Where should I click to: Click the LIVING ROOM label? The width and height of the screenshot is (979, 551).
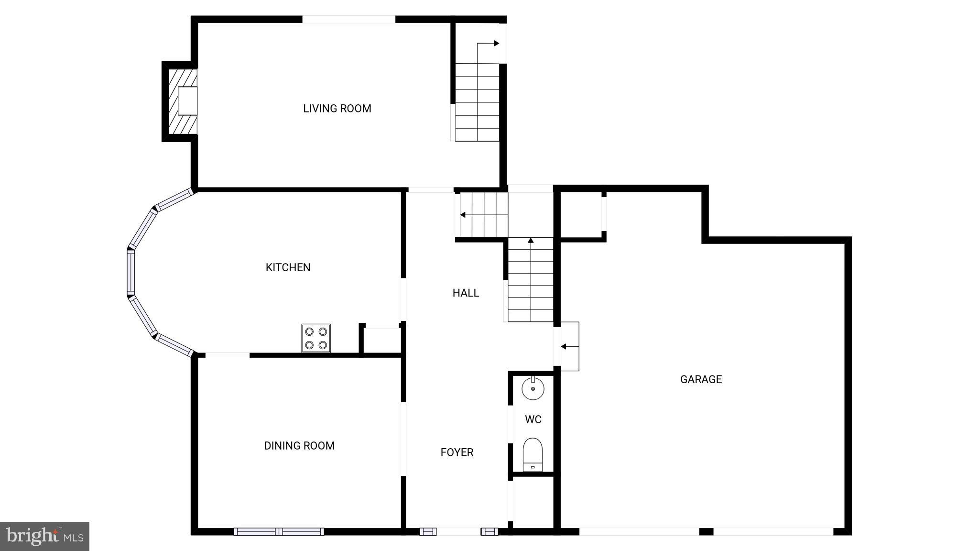pos(337,109)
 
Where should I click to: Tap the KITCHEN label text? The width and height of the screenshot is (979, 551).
pos(288,267)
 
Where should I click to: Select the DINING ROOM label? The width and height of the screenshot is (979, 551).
pos(299,446)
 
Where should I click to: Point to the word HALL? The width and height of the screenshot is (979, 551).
pos(466,293)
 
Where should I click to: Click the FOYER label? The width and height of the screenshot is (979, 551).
pos(457,452)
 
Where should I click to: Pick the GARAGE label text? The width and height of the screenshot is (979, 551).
pos(701,379)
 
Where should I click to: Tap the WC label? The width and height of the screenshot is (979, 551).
pos(533,419)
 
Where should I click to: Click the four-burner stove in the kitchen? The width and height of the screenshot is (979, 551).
pos(316,338)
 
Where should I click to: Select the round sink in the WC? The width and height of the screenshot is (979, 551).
pos(533,388)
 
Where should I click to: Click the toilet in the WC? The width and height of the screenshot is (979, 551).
pos(533,454)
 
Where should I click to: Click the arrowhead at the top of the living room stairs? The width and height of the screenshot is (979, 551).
pos(497,44)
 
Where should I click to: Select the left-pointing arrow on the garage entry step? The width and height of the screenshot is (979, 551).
pos(564,346)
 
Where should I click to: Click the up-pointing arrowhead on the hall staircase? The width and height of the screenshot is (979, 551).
pos(531,240)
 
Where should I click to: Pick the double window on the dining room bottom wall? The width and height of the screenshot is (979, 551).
pos(279,531)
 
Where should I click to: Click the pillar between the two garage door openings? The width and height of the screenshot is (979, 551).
pos(706,531)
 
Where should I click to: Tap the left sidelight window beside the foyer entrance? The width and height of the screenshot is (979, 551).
pos(428,531)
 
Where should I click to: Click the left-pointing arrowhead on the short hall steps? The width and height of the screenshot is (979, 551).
pos(463,215)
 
